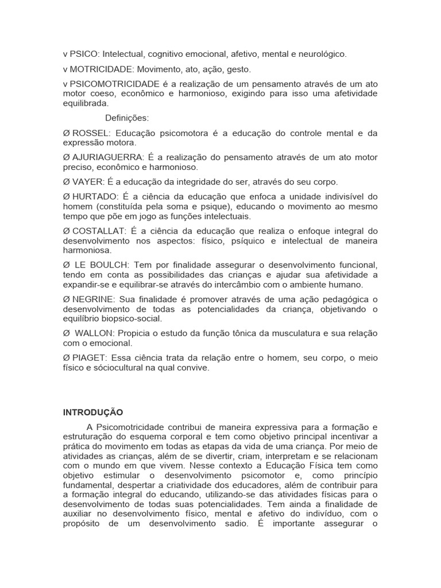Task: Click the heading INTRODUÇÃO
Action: tap(92, 412)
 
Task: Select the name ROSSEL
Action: tap(89, 133)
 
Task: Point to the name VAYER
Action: tap(86, 181)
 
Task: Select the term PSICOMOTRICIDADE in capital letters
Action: tap(111, 84)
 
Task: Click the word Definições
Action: tap(127, 118)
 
